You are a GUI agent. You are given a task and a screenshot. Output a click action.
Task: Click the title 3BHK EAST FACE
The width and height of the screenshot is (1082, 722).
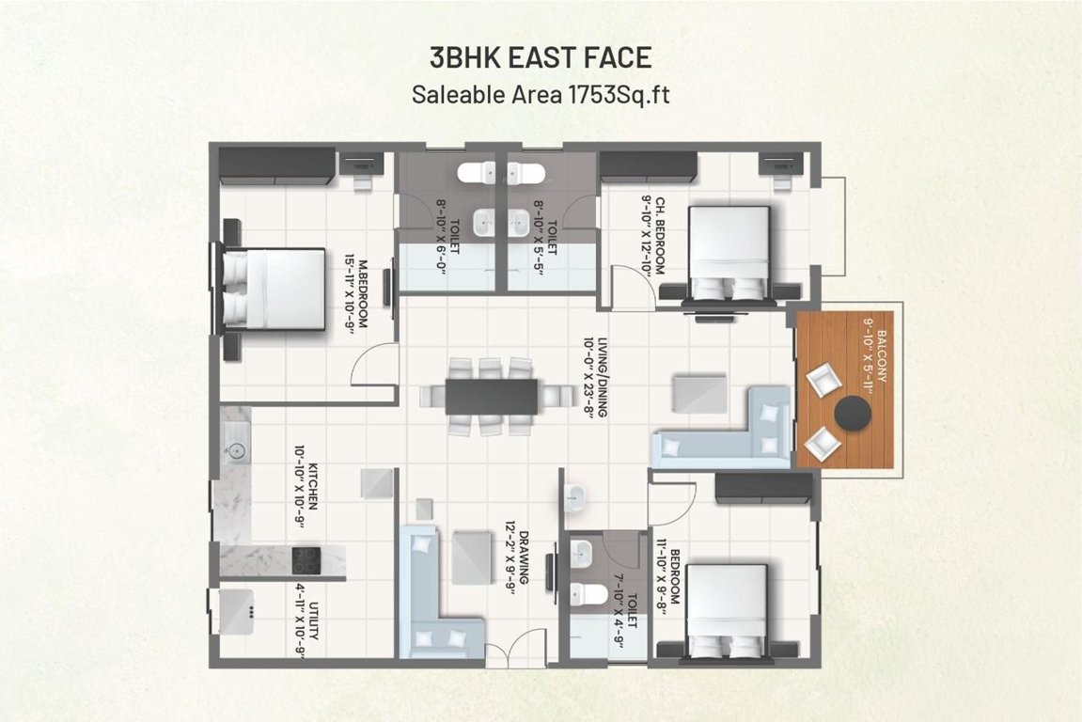(x=541, y=57)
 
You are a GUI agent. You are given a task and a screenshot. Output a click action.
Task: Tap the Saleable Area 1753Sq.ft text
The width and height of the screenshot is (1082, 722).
(x=541, y=94)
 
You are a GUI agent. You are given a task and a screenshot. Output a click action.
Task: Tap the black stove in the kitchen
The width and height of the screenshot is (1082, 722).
(x=306, y=560)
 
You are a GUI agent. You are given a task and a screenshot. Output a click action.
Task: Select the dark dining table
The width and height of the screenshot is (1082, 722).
(x=492, y=395)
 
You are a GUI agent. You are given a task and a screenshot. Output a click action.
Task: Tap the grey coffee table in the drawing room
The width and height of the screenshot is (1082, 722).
(x=472, y=555)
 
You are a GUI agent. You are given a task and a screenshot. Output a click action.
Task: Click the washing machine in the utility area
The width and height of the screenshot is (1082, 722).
(x=235, y=611)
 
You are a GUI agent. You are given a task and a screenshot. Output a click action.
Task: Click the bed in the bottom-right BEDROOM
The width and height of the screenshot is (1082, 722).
(x=726, y=606)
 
